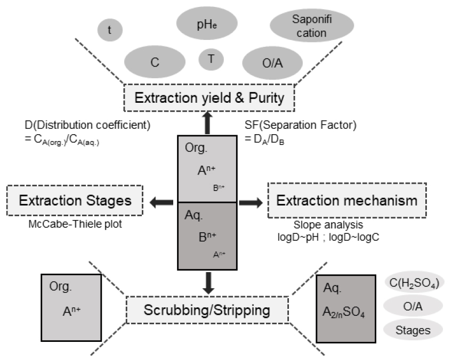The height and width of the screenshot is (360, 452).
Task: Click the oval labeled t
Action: [x=110, y=31]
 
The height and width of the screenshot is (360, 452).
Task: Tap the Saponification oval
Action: [x=312, y=27]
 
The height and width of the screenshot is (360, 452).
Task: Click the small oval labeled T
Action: [x=211, y=59]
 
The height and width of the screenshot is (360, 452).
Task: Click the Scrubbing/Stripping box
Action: [x=207, y=309]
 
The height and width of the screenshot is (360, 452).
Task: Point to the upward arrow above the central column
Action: [x=207, y=122]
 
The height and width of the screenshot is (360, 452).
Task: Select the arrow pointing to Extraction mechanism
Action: [x=250, y=202]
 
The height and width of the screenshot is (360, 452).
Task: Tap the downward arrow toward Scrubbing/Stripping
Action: [x=208, y=282]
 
